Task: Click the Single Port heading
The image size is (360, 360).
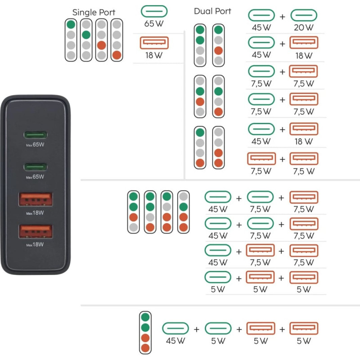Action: point(94,12)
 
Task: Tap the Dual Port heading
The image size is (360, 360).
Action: point(212,11)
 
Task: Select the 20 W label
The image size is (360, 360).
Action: point(304,27)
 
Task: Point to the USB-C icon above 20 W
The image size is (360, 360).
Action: point(304,16)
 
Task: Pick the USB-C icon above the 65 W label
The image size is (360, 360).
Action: point(154,11)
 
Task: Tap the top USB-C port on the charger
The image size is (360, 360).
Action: point(35,135)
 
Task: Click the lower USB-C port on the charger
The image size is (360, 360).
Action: point(35,167)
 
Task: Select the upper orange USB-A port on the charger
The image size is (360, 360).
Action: point(35,199)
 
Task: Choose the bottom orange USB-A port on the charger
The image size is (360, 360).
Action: point(35,231)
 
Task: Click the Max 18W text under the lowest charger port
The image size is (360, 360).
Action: point(35,245)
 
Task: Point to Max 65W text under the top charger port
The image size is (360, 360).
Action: point(35,145)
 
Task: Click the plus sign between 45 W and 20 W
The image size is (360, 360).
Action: point(283,17)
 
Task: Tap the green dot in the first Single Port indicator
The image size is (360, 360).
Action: point(71,24)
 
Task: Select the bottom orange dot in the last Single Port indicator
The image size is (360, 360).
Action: point(117,55)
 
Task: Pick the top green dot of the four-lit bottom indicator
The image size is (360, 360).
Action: point(145,317)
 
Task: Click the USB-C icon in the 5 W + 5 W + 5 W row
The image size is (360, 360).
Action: point(218,277)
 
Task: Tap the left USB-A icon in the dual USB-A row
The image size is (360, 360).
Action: point(261,159)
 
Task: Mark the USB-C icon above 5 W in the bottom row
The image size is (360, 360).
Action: point(218,328)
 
